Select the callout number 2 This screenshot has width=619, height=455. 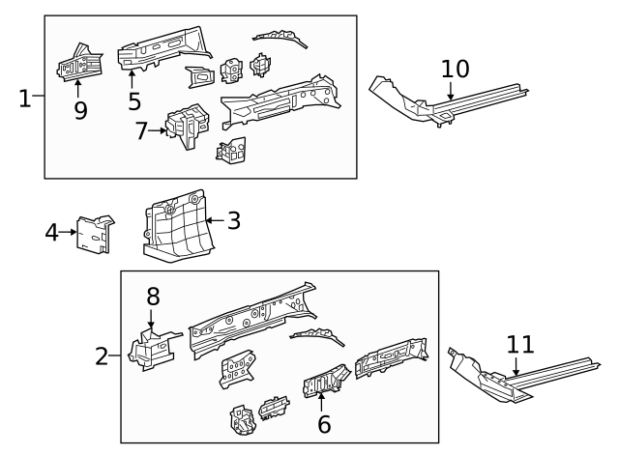[x=103, y=356]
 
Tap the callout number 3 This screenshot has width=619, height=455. [x=233, y=220]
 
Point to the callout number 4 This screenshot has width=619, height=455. [x=52, y=232]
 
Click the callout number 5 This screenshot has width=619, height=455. [x=133, y=100]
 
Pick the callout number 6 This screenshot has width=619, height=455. [x=324, y=422]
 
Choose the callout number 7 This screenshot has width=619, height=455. [x=142, y=130]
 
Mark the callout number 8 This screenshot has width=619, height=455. [x=152, y=297]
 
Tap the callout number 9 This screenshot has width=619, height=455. [x=80, y=110]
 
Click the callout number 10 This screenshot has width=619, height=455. [x=455, y=69]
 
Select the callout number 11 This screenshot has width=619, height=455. [x=519, y=344]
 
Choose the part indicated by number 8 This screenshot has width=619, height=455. [x=149, y=349]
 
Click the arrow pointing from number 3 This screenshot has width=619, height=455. [x=214, y=221]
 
